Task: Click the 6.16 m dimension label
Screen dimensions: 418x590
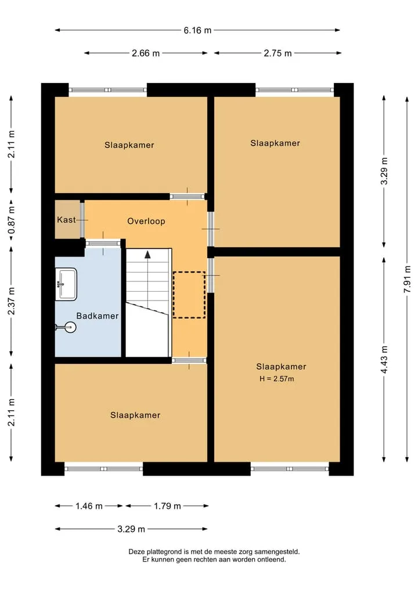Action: click(197, 30)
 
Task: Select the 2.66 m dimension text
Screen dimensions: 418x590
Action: click(146, 53)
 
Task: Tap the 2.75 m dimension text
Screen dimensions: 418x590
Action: click(278, 53)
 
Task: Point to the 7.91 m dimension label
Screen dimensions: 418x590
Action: click(407, 279)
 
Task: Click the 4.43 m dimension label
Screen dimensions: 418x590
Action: click(384, 360)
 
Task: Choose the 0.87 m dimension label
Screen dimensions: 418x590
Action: click(11, 220)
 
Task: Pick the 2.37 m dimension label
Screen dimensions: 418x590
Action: click(11, 301)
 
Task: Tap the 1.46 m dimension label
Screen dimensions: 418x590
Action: click(89, 506)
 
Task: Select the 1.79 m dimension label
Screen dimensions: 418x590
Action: click(167, 506)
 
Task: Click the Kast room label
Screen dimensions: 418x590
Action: click(66, 220)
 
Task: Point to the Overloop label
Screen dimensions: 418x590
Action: click(146, 221)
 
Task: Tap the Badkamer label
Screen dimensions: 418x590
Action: click(98, 316)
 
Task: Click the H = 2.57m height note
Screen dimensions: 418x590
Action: click(277, 379)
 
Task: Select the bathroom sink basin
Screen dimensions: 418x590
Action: click(66, 284)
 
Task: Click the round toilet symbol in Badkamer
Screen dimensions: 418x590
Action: click(70, 327)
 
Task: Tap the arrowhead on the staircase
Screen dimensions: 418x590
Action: click(147, 255)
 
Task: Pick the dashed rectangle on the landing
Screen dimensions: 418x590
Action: click(189, 295)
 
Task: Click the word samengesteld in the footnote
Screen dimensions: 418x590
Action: click(277, 552)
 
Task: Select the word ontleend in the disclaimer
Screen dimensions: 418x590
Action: click(272, 559)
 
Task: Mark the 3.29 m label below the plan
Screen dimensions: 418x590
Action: click(131, 529)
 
